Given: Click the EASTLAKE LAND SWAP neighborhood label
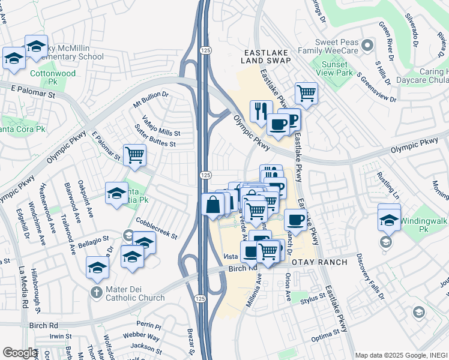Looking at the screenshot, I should (x=266, y=56).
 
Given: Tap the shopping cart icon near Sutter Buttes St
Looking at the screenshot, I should (x=134, y=155).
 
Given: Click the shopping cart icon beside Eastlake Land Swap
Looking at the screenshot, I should (x=306, y=93).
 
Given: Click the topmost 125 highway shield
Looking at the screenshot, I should (x=205, y=50).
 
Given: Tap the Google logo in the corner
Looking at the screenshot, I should (x=20, y=353).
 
